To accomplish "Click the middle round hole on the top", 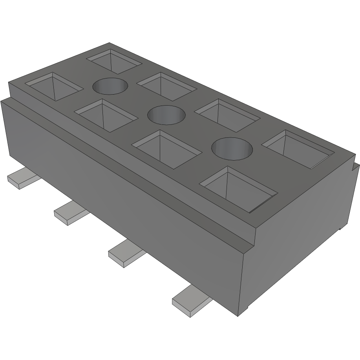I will tap(166, 115).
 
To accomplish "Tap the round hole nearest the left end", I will tap(111, 86).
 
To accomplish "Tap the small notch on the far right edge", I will tap(356, 168).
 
